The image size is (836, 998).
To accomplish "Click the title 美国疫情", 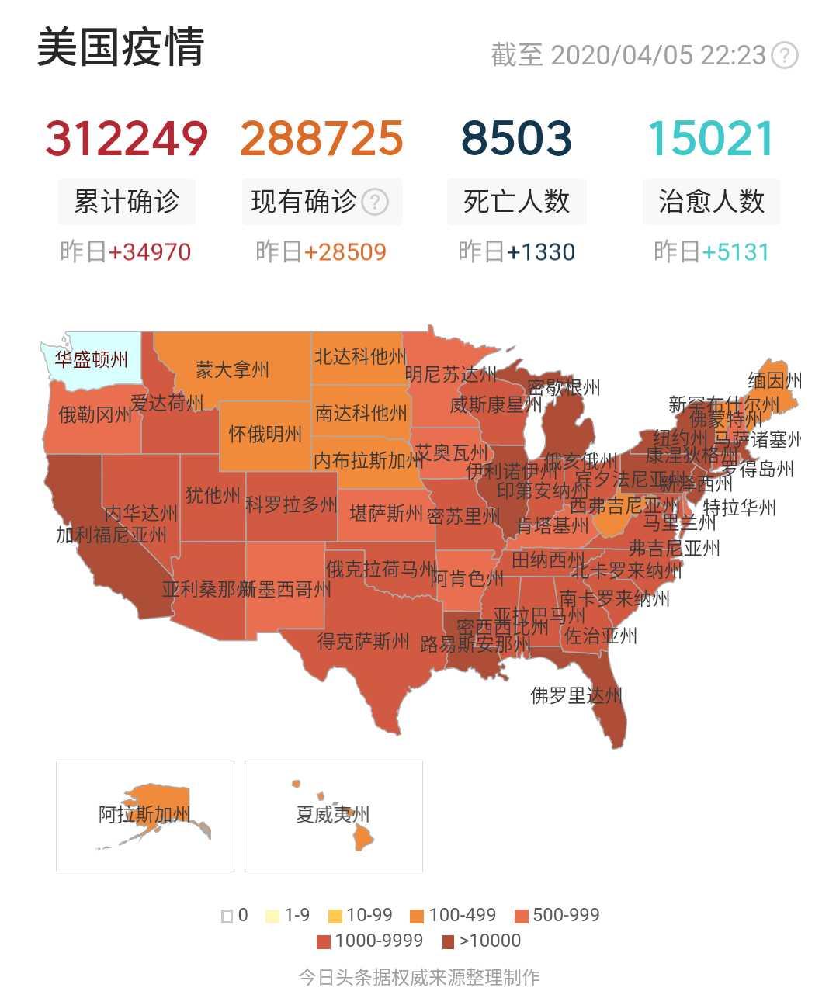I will (120, 47).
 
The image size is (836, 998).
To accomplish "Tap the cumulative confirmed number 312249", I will (127, 138).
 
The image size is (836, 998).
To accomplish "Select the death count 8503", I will (516, 138).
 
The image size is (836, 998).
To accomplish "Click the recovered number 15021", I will (710, 138).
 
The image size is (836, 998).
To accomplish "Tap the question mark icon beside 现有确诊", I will (376, 203).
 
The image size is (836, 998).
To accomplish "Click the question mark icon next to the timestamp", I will (786, 55).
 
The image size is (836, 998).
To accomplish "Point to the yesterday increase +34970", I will (150, 252).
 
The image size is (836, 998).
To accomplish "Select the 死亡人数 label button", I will (516, 202).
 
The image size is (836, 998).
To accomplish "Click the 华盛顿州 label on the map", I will (91, 360).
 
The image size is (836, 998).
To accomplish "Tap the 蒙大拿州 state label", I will (232, 369).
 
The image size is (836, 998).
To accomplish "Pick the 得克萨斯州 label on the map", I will (363, 641).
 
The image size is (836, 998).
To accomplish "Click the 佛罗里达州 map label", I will (576, 695).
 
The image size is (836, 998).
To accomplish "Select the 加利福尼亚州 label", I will (111, 534).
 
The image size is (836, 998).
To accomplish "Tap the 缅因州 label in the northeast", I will (774, 381).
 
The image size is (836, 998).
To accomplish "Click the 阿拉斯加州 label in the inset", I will (144, 814).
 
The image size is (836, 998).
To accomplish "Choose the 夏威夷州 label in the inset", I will (332, 814).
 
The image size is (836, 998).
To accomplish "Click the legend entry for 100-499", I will (453, 916).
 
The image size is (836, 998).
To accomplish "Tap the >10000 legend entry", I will (481, 941).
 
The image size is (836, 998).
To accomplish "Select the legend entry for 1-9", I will (288, 916).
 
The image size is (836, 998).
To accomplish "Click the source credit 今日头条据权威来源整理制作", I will (419, 977).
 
